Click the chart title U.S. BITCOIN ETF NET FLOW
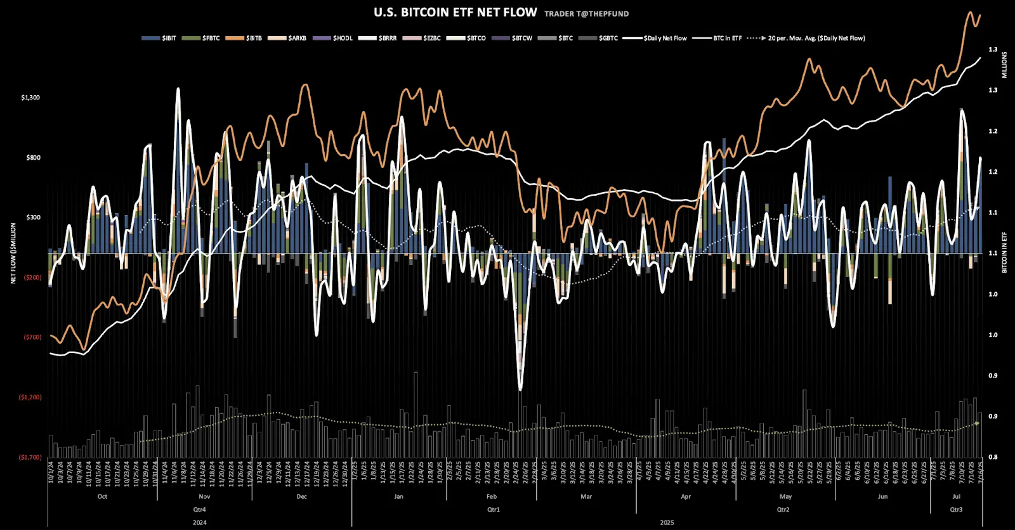(x=455, y=13)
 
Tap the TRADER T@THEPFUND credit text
(x=586, y=13)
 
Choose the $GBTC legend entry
(x=608, y=38)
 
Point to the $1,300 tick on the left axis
(x=30, y=98)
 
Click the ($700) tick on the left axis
(x=32, y=337)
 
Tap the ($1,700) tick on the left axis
(x=30, y=457)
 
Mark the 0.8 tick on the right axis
(x=993, y=457)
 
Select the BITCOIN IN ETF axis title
(x=1004, y=252)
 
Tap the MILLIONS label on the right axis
(x=1004, y=65)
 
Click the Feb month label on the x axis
(x=492, y=496)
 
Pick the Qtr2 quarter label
(x=783, y=510)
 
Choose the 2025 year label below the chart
(x=667, y=522)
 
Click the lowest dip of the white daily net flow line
(x=520, y=389)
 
